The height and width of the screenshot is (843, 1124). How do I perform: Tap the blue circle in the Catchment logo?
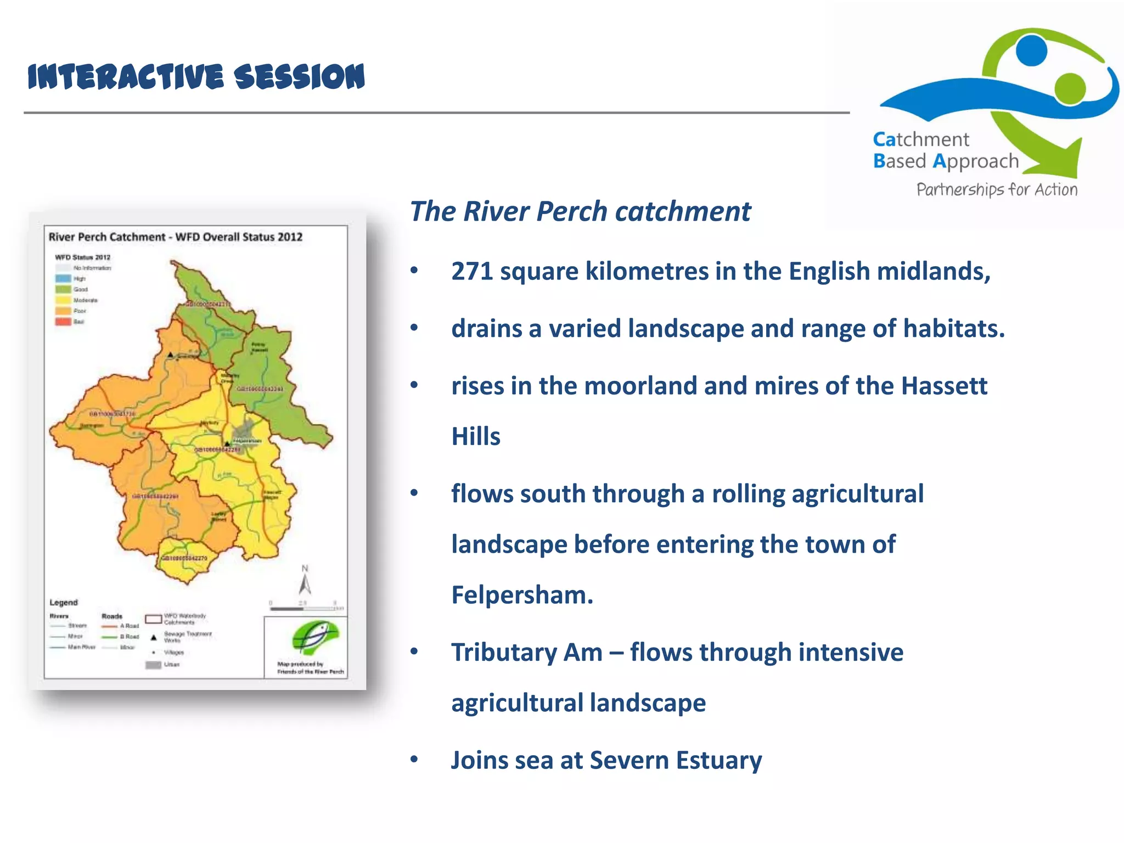click(1031, 50)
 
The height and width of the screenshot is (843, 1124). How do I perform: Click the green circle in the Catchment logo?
click(1070, 88)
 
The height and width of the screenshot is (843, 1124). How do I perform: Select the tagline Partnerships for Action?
click(997, 190)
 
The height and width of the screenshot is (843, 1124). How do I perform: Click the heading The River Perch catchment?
click(580, 212)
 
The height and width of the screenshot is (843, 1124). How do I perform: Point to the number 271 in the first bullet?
click(471, 271)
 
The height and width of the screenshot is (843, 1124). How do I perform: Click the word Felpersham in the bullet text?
click(521, 595)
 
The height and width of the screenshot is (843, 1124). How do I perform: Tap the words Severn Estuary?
click(676, 761)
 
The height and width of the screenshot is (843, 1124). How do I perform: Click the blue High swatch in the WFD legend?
click(63, 278)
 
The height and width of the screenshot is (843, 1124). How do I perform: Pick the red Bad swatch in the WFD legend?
click(63, 322)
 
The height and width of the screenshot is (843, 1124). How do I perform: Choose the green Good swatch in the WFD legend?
click(63, 289)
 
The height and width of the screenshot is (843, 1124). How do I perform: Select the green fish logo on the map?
click(314, 638)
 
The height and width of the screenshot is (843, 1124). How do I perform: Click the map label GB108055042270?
click(184, 558)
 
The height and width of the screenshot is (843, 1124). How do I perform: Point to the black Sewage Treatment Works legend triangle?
click(154, 637)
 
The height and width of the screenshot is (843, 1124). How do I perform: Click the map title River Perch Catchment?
click(107, 237)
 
